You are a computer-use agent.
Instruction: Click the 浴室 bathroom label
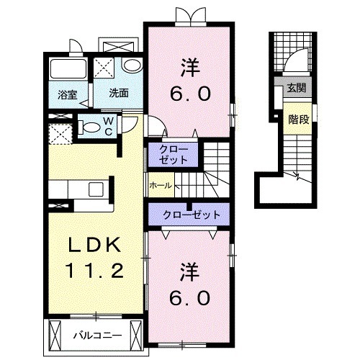click(x=68, y=95)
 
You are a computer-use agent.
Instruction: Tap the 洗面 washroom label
click(x=119, y=93)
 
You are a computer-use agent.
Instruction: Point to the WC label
click(x=109, y=127)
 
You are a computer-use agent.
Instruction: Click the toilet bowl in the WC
click(x=90, y=127)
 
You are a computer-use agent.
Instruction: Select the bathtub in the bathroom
click(x=68, y=68)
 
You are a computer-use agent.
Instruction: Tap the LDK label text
click(x=94, y=244)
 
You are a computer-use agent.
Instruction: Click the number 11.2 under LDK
click(x=94, y=270)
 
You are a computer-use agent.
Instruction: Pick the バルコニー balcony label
click(x=97, y=336)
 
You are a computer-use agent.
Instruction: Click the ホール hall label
click(x=161, y=185)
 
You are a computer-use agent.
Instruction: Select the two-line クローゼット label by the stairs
click(x=173, y=155)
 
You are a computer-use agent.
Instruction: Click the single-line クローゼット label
click(x=192, y=215)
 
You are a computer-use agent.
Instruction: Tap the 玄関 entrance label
click(x=297, y=88)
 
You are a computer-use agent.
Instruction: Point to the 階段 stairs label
click(x=299, y=120)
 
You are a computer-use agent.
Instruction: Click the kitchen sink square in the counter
click(x=96, y=189)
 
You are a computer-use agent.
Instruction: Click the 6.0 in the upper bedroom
click(x=191, y=94)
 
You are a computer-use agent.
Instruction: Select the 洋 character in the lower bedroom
click(x=190, y=272)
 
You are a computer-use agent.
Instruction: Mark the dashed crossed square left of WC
click(x=60, y=134)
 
